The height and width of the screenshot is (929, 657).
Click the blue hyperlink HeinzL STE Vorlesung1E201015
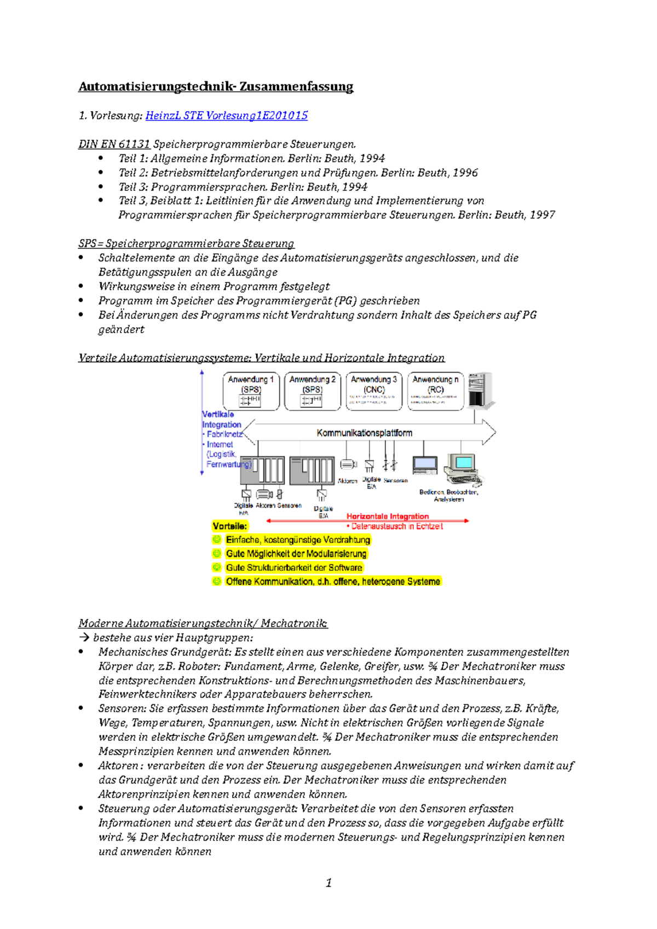pyautogui.click(x=226, y=115)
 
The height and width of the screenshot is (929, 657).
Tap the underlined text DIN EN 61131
pyautogui.click(x=114, y=144)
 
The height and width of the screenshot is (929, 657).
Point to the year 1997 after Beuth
pyautogui.click(x=542, y=215)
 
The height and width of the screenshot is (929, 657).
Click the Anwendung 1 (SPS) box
pyautogui.click(x=251, y=391)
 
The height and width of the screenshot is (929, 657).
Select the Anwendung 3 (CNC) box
pyautogui.click(x=374, y=391)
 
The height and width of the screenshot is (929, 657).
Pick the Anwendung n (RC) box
pyautogui.click(x=435, y=391)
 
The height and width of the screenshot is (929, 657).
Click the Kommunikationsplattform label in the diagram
pyautogui.click(x=364, y=433)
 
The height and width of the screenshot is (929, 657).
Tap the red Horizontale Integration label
pyautogui.click(x=388, y=516)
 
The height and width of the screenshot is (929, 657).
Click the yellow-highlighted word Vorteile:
pyautogui.click(x=230, y=526)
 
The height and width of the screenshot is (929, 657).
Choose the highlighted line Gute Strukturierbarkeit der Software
pyautogui.click(x=294, y=568)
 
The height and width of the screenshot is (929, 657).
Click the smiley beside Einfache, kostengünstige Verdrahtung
pyautogui.click(x=217, y=539)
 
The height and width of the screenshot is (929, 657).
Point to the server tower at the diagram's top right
pyautogui.click(x=481, y=390)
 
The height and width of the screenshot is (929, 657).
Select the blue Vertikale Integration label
pyautogui.click(x=221, y=420)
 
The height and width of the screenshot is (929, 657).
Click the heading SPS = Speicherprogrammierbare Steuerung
pyautogui.click(x=186, y=243)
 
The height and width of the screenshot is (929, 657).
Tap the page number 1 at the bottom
pyautogui.click(x=328, y=882)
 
